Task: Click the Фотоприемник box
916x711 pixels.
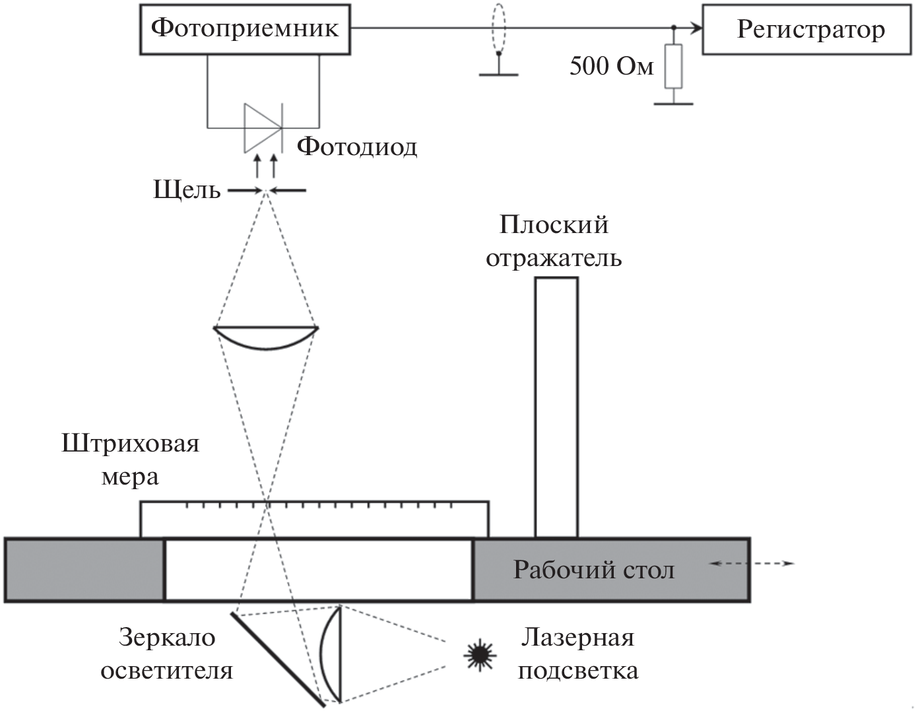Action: [245, 29]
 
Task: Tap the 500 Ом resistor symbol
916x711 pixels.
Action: [673, 67]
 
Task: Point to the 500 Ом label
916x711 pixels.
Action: [612, 67]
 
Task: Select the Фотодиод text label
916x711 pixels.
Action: [356, 146]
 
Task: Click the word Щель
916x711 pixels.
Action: [187, 191]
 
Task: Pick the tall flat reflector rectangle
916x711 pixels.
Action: [556, 407]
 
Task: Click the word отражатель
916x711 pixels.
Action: [554, 257]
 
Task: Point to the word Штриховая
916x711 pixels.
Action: [131, 443]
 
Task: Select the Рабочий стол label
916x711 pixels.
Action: [594, 570]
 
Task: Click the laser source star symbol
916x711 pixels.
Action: [479, 654]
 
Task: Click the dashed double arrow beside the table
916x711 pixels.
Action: [752, 564]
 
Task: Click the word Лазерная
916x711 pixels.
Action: [577, 638]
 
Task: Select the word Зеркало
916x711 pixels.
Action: [167, 638]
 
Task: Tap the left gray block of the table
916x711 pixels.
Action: [84, 570]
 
